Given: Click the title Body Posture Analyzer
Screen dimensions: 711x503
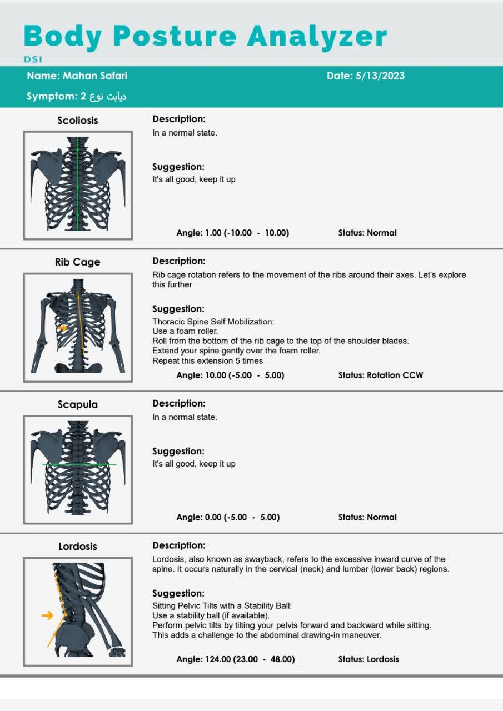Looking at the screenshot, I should point(205,36).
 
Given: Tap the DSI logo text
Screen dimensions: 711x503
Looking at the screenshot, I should point(33,59).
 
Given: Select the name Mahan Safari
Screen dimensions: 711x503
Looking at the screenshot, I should point(94,76).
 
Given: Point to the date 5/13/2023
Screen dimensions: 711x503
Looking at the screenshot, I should point(380,76).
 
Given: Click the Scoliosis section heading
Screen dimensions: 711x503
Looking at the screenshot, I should point(77,120).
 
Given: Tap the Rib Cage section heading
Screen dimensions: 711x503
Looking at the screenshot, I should point(77,262).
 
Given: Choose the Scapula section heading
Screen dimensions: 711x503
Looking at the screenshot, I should point(77,404).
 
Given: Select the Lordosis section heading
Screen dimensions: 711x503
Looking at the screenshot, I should point(77,547).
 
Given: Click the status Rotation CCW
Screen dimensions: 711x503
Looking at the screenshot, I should point(395,375).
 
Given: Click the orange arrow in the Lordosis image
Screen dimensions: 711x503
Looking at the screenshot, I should point(48,615).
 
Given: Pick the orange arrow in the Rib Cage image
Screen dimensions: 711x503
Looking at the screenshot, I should point(62,328).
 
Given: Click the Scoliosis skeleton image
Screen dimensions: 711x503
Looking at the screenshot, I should point(77,185).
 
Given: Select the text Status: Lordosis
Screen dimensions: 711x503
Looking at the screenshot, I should point(368,659).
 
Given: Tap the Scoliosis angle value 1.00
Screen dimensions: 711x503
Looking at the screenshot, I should point(213,233).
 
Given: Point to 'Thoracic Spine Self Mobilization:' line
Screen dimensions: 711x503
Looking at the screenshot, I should point(213,322).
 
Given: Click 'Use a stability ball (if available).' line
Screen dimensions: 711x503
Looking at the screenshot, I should point(211,615).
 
